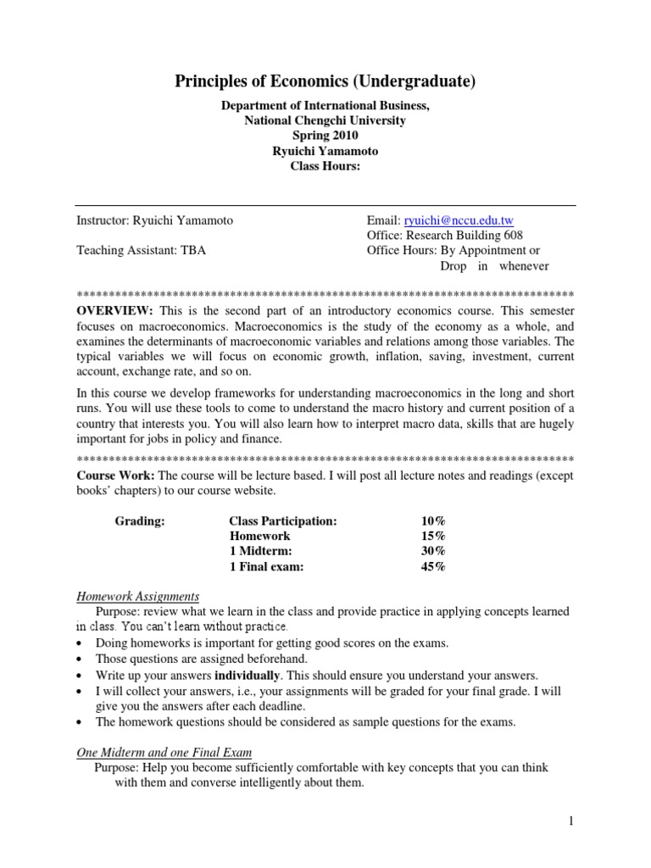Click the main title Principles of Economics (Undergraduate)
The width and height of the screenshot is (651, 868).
[325, 81]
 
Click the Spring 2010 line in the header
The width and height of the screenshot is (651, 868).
[325, 136]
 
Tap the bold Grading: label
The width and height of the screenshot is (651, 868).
[140, 521]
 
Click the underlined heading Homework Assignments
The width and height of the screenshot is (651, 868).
[137, 596]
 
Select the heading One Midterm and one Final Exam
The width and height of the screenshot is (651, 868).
[164, 752]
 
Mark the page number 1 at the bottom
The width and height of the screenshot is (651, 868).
[571, 821]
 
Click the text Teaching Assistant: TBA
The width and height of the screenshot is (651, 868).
[141, 251]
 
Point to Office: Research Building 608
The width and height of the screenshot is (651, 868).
[444, 236]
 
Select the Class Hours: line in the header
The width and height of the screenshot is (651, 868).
[325, 166]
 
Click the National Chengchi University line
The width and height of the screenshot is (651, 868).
[325, 120]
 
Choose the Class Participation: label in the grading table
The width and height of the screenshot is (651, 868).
[283, 521]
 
